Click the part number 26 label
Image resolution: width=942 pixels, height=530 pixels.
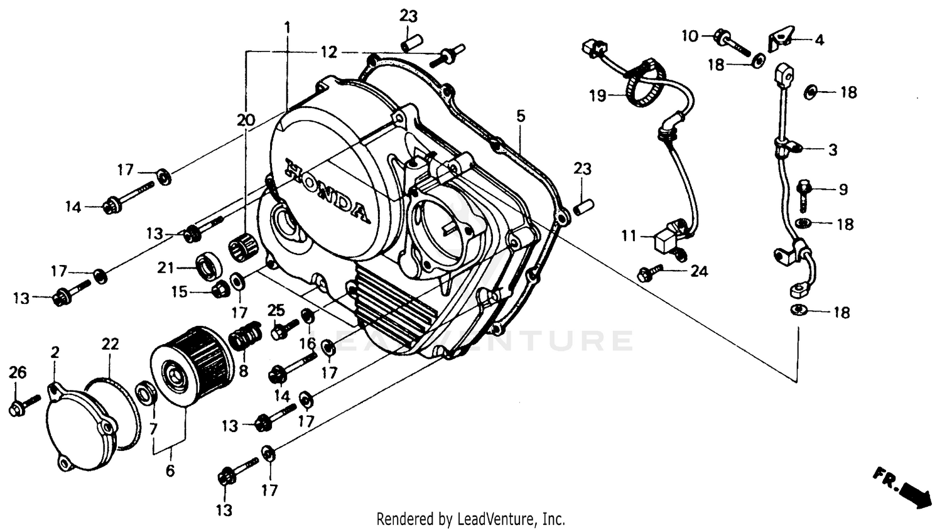(x=18, y=372)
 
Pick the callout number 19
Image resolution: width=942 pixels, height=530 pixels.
(x=597, y=95)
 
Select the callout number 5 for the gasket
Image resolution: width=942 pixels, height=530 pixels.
(x=521, y=116)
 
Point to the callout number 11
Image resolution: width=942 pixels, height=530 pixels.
(x=629, y=236)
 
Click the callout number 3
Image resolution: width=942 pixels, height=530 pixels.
(x=832, y=150)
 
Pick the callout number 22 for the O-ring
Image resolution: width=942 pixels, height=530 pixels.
(x=110, y=343)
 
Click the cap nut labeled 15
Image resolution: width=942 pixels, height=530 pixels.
(x=219, y=289)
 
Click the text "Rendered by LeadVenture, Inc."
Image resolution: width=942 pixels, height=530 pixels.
(x=470, y=519)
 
